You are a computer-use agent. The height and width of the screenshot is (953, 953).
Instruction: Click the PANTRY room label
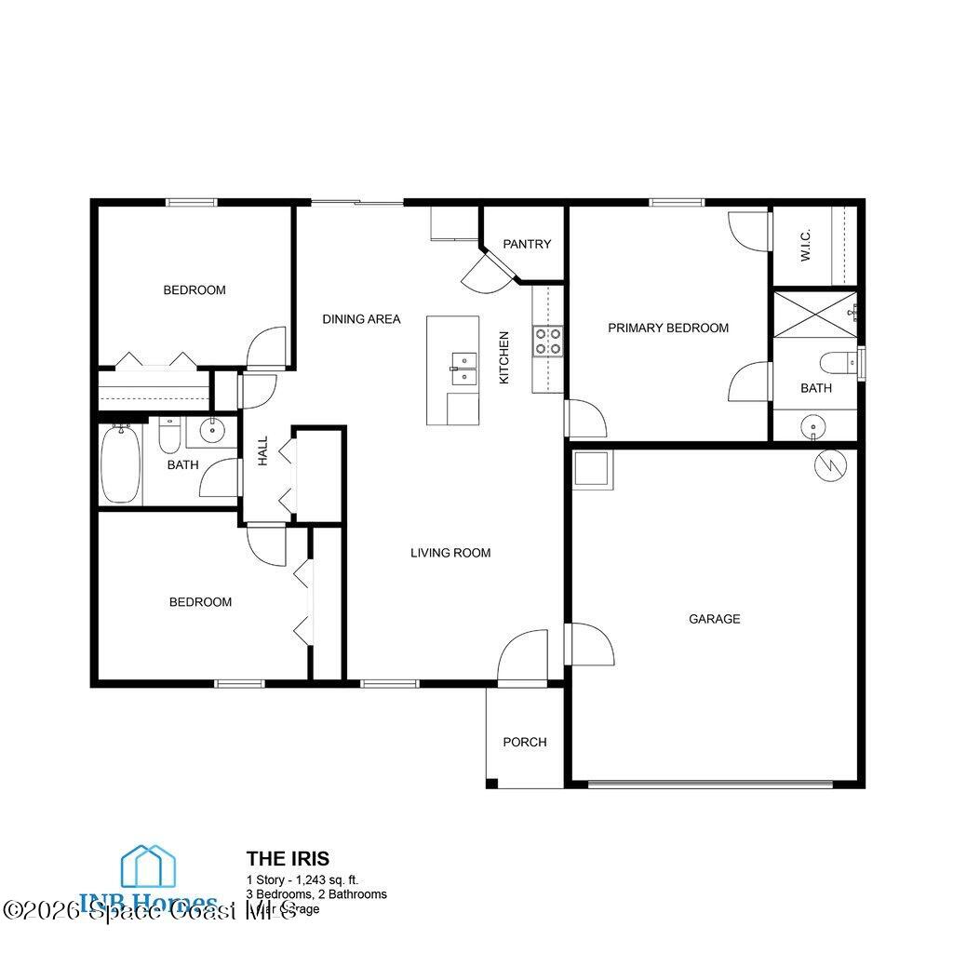click(x=527, y=244)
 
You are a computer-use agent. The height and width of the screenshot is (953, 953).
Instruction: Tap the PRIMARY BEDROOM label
click(x=668, y=328)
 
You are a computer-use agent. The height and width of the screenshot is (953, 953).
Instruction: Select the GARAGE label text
click(x=715, y=619)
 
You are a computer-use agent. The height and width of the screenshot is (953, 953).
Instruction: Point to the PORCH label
click(x=525, y=742)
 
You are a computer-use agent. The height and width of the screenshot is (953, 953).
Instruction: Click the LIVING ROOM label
click(x=450, y=553)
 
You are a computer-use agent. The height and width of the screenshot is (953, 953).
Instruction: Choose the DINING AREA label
click(x=361, y=319)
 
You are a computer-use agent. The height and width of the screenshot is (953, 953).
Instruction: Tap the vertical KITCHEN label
click(x=504, y=357)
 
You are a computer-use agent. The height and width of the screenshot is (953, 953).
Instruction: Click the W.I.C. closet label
click(x=806, y=245)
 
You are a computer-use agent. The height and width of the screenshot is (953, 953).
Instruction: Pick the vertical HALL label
click(x=263, y=450)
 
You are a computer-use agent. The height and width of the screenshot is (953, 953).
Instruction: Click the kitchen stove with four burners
click(x=547, y=341)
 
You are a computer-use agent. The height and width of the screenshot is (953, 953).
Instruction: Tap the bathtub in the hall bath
click(x=121, y=463)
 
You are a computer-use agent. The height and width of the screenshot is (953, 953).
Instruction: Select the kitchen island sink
click(x=463, y=368)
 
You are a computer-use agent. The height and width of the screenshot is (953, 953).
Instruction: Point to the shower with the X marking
click(x=814, y=315)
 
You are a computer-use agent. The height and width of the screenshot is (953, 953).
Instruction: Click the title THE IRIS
click(x=288, y=858)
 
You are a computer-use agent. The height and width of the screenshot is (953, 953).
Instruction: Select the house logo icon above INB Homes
click(x=150, y=867)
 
